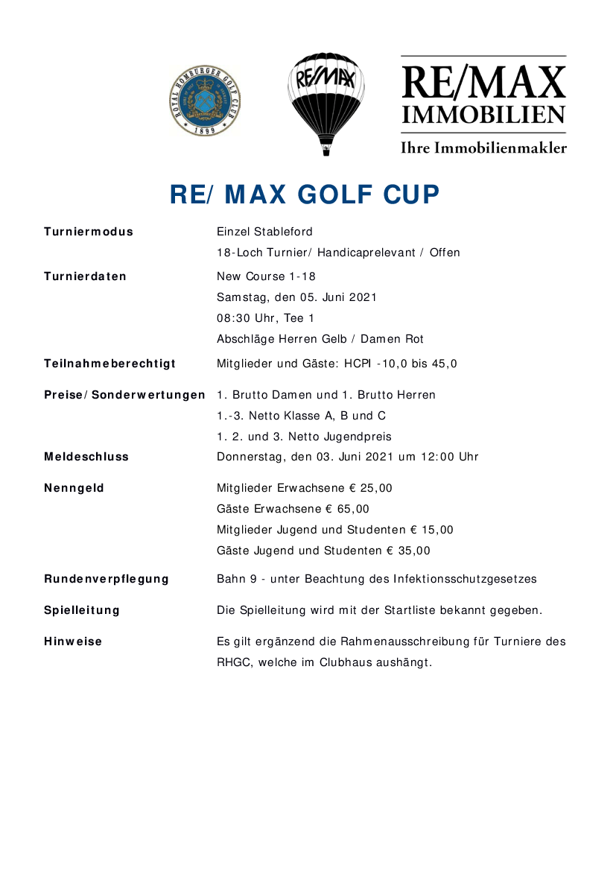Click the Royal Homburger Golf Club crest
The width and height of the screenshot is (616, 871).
[x=204, y=101]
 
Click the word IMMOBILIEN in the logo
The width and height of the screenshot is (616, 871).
[x=483, y=115]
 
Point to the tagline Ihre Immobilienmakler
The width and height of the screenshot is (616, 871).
[x=483, y=148]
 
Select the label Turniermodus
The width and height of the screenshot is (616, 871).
[x=89, y=232]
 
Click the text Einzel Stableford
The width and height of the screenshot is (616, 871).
[x=264, y=232]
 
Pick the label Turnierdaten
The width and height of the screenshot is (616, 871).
[x=85, y=276]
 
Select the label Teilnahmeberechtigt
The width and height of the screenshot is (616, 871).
[x=109, y=364]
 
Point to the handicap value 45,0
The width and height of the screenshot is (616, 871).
[x=444, y=364]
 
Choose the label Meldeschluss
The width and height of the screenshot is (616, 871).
[x=86, y=457]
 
